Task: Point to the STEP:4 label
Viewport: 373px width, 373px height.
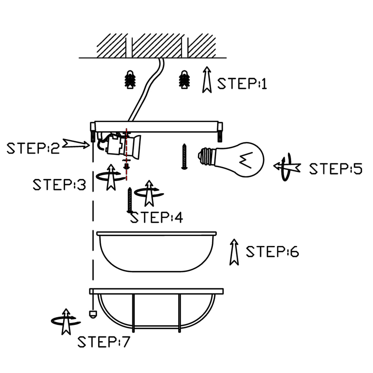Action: (157, 217)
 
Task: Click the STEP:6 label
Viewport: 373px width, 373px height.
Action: (272, 251)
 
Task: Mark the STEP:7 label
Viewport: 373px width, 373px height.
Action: (103, 342)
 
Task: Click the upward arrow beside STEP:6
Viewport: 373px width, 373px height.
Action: (234, 252)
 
